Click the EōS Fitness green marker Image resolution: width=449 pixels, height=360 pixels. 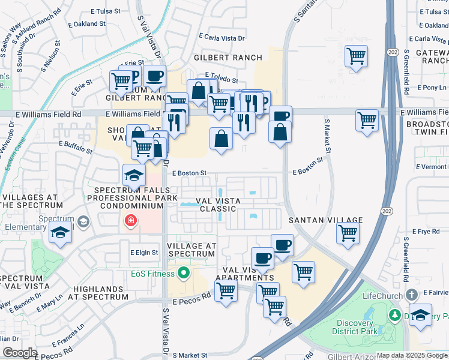(x=183, y=274)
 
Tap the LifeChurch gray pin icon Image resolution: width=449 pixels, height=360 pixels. (x=411, y=295)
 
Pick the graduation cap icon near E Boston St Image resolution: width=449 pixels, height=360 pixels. (x=133, y=175)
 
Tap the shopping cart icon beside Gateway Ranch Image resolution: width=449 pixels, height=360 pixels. (x=356, y=57)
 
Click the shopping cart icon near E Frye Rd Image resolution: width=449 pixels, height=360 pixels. (x=348, y=233)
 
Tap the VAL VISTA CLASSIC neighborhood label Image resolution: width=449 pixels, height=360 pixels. (x=218, y=205)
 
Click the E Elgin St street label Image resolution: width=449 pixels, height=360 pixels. (x=144, y=253)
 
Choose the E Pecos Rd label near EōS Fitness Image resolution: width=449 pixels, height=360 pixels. (x=192, y=296)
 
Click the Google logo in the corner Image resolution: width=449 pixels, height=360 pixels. (x=20, y=353)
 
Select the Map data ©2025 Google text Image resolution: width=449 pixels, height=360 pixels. (x=411, y=355)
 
